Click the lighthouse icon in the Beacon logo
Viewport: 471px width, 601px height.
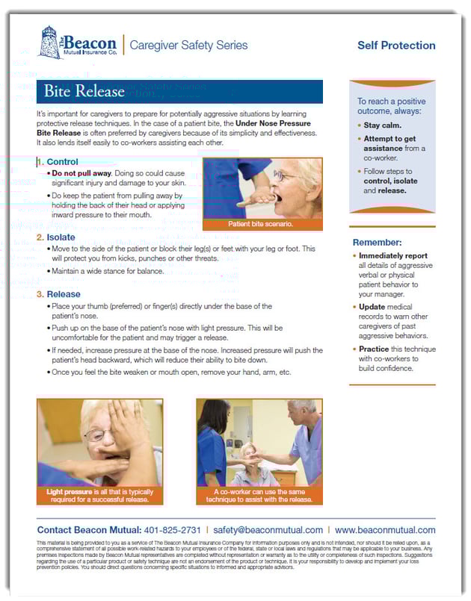click(50, 43)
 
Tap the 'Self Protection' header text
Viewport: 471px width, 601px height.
click(395, 46)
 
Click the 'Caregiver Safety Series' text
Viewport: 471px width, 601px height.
click(188, 46)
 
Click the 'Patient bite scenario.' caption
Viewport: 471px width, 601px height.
click(262, 224)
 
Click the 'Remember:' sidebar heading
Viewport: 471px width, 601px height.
click(377, 243)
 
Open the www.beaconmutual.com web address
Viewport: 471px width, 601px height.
click(385, 530)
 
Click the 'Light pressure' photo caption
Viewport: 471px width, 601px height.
click(99, 496)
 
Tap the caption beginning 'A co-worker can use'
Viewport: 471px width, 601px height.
click(259, 496)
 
